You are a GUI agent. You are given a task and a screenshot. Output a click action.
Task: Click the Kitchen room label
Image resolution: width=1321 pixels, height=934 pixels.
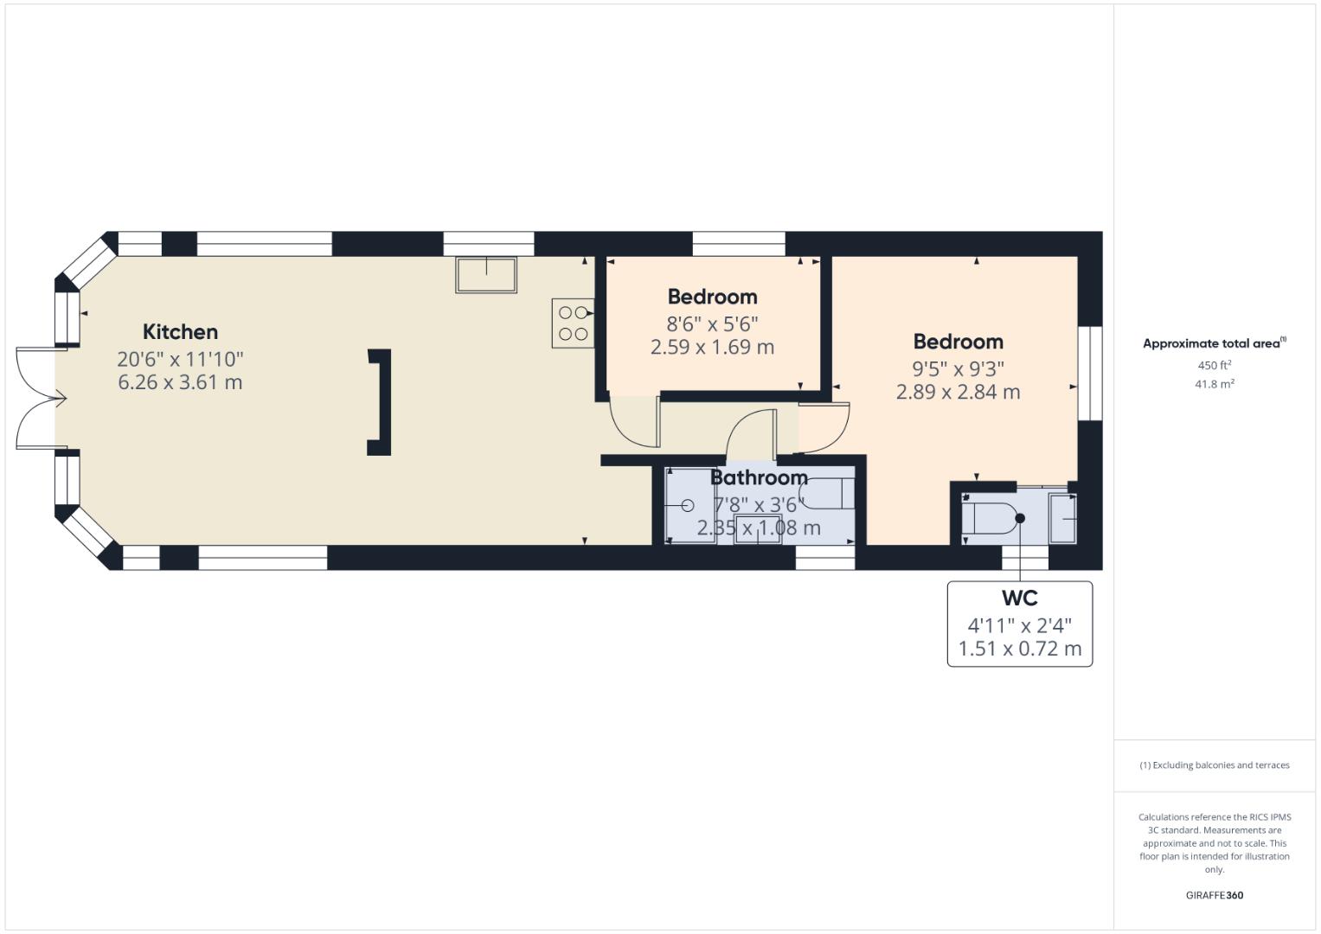click(180, 332)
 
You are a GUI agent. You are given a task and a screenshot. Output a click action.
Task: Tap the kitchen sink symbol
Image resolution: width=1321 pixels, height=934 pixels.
click(486, 274)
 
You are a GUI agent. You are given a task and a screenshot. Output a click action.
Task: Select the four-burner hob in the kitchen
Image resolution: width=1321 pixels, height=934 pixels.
click(573, 323)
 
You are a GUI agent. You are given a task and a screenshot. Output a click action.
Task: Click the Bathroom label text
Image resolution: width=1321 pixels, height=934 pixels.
click(759, 477)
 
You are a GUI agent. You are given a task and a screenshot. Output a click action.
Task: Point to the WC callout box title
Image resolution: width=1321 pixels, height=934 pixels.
click(1019, 598)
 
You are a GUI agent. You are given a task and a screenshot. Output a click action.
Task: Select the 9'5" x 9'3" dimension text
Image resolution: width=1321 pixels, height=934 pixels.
click(958, 369)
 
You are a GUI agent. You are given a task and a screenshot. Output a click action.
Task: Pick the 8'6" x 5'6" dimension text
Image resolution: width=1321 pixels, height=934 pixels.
click(712, 324)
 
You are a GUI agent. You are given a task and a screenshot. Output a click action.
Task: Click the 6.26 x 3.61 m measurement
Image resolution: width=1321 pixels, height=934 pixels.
click(180, 382)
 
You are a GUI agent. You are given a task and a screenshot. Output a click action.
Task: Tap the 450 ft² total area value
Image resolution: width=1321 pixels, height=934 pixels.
click(1215, 366)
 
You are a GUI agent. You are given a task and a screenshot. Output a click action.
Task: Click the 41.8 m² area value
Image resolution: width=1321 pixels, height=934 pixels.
click(1215, 385)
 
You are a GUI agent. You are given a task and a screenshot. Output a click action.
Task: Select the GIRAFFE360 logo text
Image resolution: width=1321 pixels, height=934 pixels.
click(1215, 895)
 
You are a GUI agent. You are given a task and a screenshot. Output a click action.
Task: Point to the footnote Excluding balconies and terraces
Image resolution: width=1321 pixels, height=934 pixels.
click(1215, 765)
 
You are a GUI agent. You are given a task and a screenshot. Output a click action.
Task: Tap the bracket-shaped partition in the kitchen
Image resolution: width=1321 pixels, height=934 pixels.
click(382, 402)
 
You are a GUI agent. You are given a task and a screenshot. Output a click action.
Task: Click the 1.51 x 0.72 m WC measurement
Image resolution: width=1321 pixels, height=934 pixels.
click(1019, 649)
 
